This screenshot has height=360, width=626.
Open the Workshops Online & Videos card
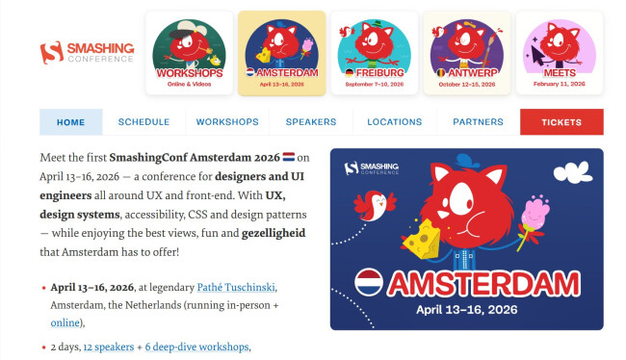pyautogui.click(x=189, y=53)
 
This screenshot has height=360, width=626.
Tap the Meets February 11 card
pyautogui.click(x=559, y=53)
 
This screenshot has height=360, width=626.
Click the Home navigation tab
pyautogui.click(x=70, y=122)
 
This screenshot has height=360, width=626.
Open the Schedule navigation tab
pyautogui.click(x=143, y=122)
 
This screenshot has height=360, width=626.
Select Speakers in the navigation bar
pyautogui.click(x=310, y=122)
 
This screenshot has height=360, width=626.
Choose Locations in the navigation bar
pyautogui.click(x=394, y=122)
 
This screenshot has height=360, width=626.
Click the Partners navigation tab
pyautogui.click(x=478, y=122)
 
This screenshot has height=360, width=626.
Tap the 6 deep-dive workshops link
pyautogui.click(x=196, y=347)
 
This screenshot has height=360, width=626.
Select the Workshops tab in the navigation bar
pyautogui.click(x=227, y=122)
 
